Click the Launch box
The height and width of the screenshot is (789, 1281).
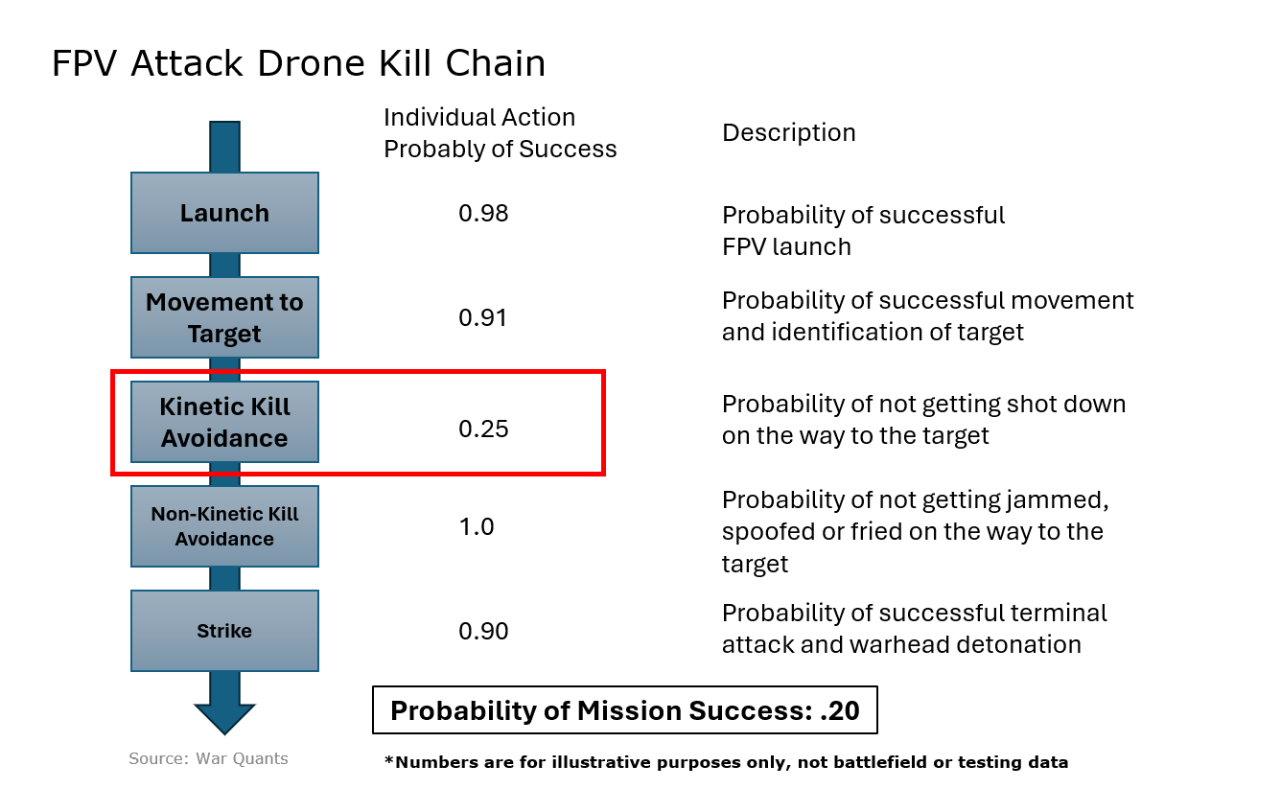224,213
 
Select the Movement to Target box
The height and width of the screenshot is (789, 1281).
224,317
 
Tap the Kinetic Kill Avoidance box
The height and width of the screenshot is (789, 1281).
224,422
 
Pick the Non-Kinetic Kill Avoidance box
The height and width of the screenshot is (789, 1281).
224,526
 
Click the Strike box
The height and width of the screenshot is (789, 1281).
224,631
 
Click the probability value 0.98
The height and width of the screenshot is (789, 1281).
483,213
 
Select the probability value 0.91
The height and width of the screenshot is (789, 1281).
483,317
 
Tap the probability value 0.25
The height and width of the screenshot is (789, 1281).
483,429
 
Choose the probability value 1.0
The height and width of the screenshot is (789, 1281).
477,526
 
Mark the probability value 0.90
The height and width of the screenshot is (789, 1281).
483,631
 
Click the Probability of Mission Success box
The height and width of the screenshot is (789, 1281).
624,711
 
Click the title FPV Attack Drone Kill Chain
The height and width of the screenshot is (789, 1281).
298,63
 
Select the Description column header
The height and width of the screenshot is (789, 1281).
788,132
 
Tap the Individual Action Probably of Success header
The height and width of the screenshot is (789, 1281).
500,133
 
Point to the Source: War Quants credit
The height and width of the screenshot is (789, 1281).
208,758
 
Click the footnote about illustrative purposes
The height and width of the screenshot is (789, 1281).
726,763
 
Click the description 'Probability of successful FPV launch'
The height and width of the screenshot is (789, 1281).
863,230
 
